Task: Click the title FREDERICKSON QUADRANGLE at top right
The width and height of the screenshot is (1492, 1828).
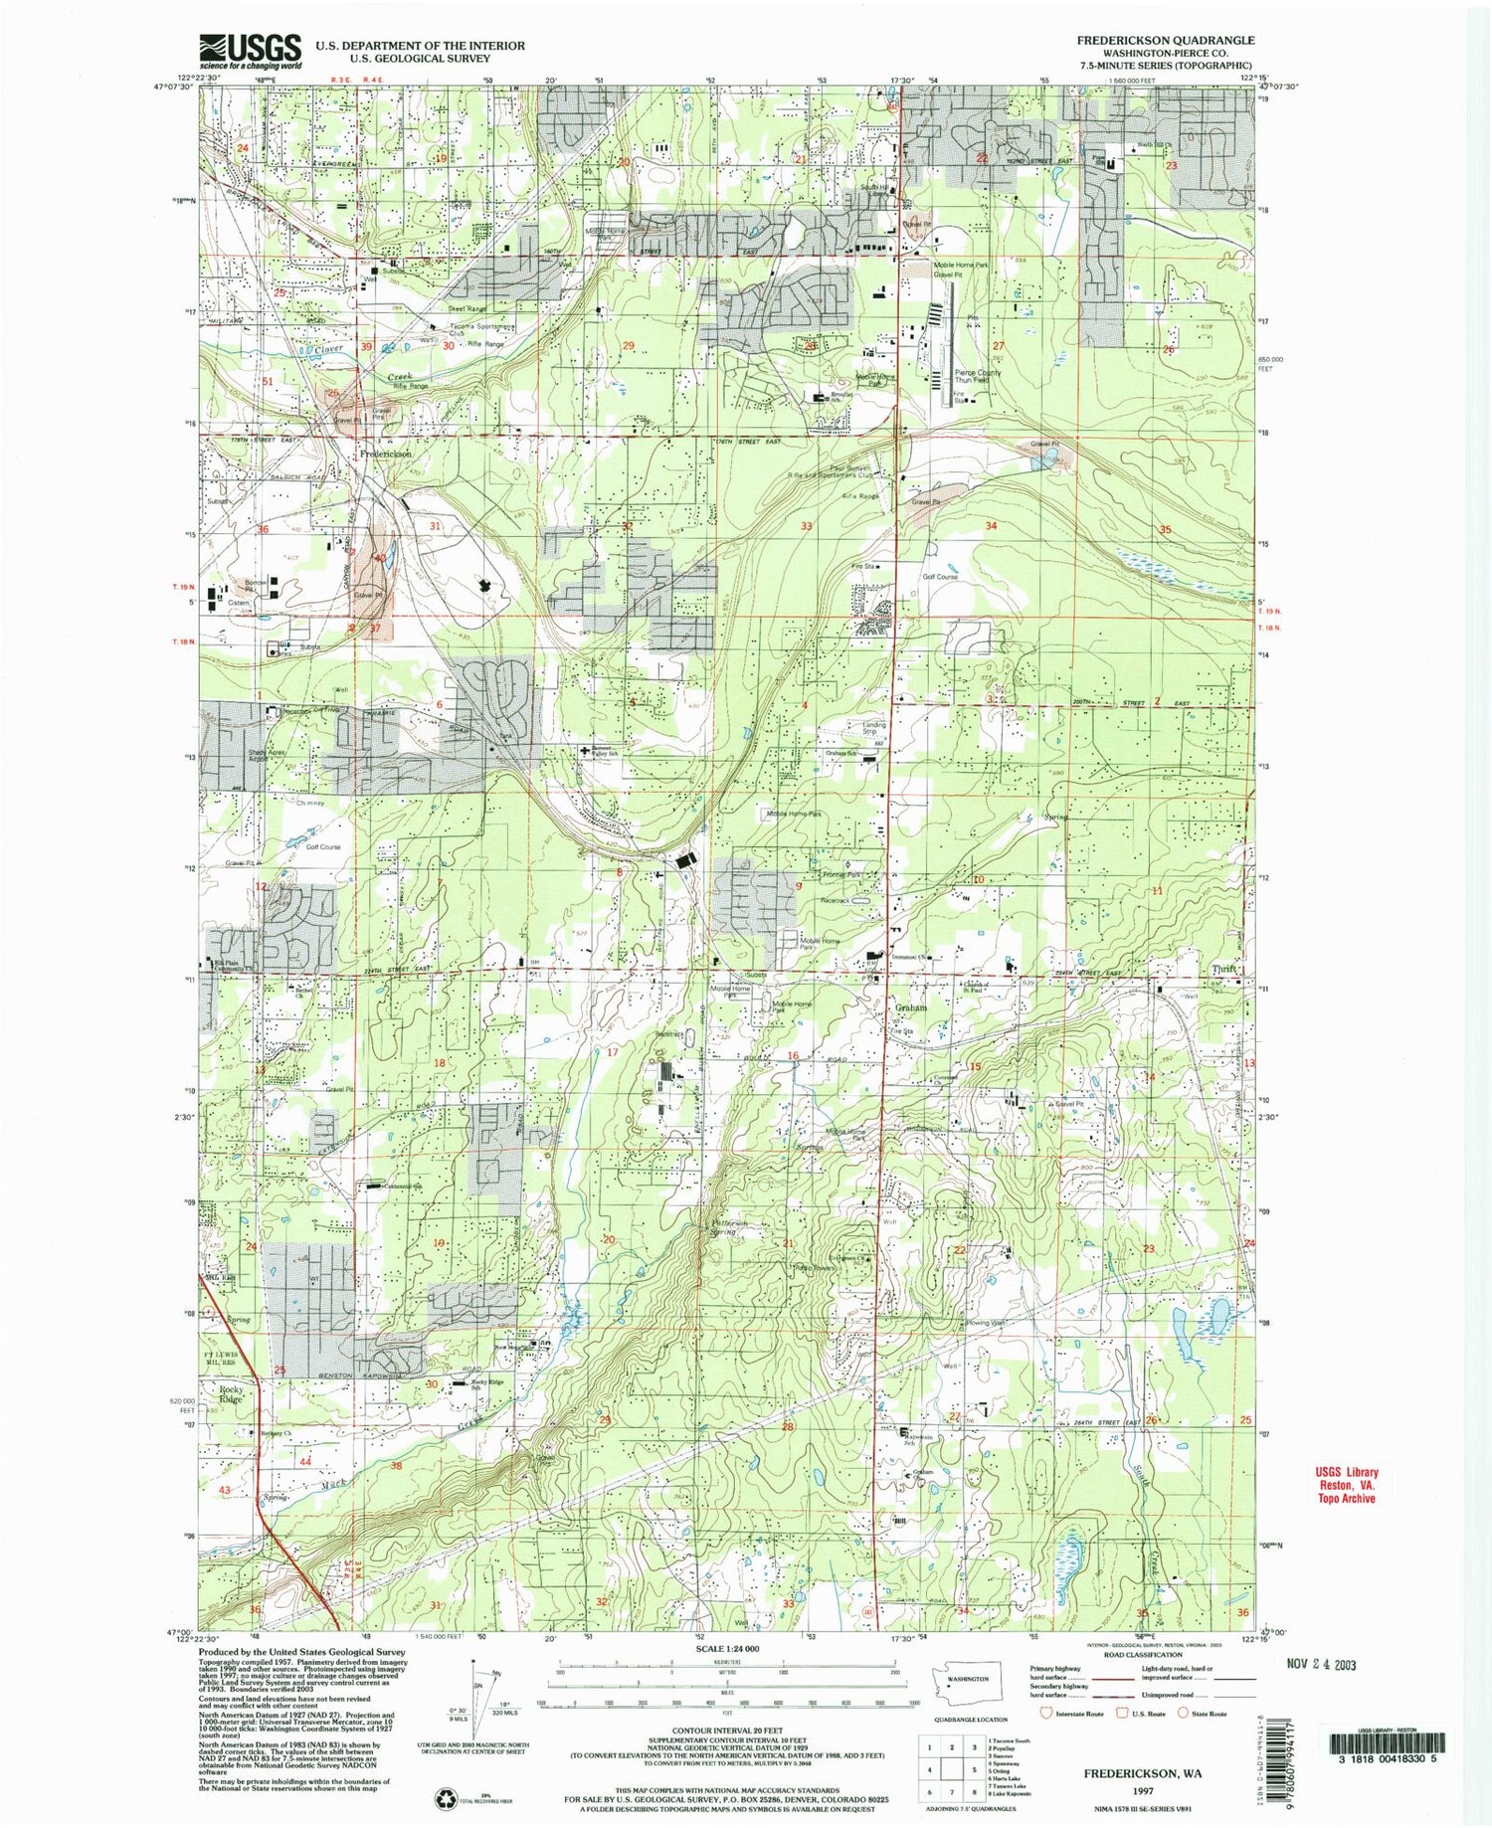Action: pos(1165,41)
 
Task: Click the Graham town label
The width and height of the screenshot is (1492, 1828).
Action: pos(911,1007)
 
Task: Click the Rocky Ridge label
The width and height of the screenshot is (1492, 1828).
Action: pos(231,1393)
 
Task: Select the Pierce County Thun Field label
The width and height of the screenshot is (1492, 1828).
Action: pos(978,376)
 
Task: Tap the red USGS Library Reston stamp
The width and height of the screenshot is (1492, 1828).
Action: pos(1342,1486)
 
